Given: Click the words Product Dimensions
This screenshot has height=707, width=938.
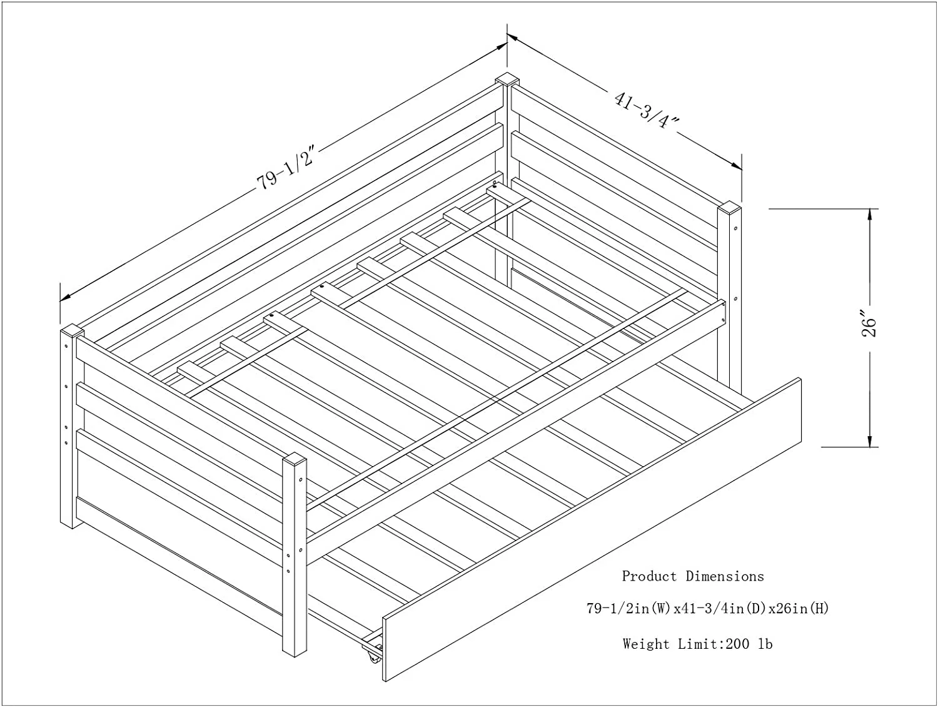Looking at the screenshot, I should coord(692,576).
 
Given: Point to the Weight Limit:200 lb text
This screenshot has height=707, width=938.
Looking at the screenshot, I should coord(697,644).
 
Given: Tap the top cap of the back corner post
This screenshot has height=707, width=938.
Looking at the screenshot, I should coord(508,80).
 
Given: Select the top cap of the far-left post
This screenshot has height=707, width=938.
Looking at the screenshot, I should coord(72,330).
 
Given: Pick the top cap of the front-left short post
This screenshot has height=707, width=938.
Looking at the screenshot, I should coord(294,460).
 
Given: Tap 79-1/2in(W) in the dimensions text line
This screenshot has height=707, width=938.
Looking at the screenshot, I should coord(628,608).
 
